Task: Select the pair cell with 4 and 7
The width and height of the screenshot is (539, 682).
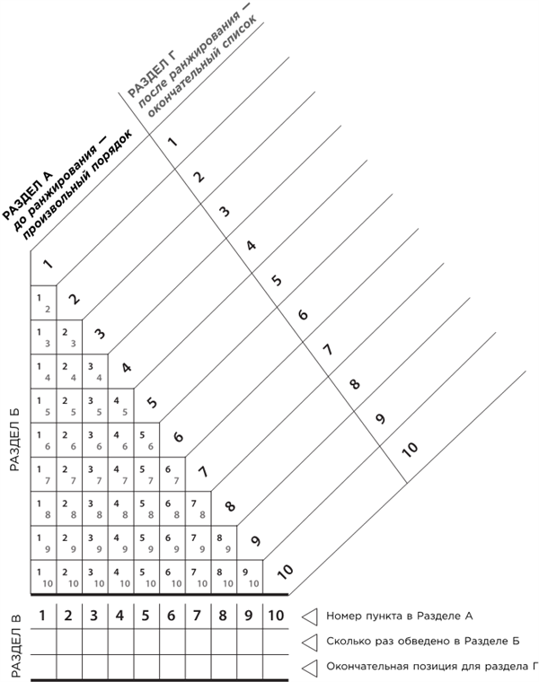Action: click(120, 473)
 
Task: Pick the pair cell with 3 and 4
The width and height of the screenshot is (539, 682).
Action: click(94, 371)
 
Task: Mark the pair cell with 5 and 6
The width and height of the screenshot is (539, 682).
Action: click(146, 439)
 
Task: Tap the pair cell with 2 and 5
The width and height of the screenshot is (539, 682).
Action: click(68, 405)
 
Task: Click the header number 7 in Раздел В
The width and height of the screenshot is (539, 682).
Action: click(197, 616)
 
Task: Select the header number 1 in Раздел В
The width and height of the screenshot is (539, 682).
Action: click(42, 616)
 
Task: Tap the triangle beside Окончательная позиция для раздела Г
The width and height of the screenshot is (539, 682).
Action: click(310, 666)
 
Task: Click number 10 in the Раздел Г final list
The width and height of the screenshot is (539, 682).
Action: click(411, 449)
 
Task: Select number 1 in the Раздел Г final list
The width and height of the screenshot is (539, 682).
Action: click(173, 141)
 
